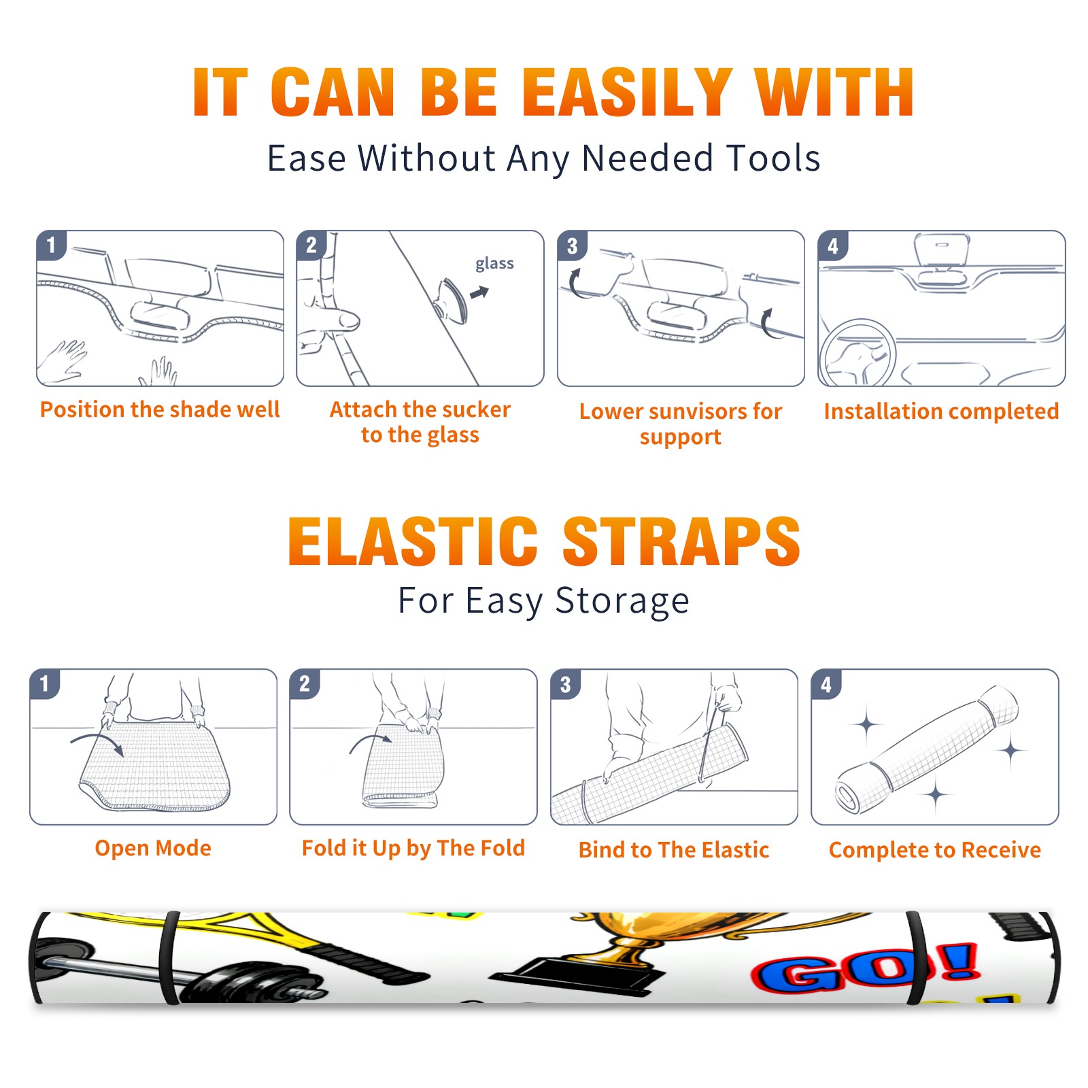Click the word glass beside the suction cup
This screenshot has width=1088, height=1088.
pyautogui.click(x=494, y=263)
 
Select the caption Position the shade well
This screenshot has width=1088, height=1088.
pyautogui.click(x=160, y=409)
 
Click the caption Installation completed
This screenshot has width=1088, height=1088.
pyautogui.click(x=941, y=411)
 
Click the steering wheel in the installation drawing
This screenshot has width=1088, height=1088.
pyautogui.click(x=858, y=353)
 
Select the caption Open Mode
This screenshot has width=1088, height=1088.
pyautogui.click(x=153, y=848)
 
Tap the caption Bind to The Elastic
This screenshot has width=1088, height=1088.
pyautogui.click(x=673, y=849)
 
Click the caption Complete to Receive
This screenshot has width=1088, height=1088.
pyautogui.click(x=934, y=850)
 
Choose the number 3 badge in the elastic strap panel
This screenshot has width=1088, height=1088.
pyautogui.click(x=565, y=685)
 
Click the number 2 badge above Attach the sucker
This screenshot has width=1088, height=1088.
pyautogui.click(x=311, y=245)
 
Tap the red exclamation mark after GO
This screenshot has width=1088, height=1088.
pyautogui.click(x=960, y=961)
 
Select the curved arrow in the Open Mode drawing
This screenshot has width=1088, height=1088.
pyautogui.click(x=97, y=741)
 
